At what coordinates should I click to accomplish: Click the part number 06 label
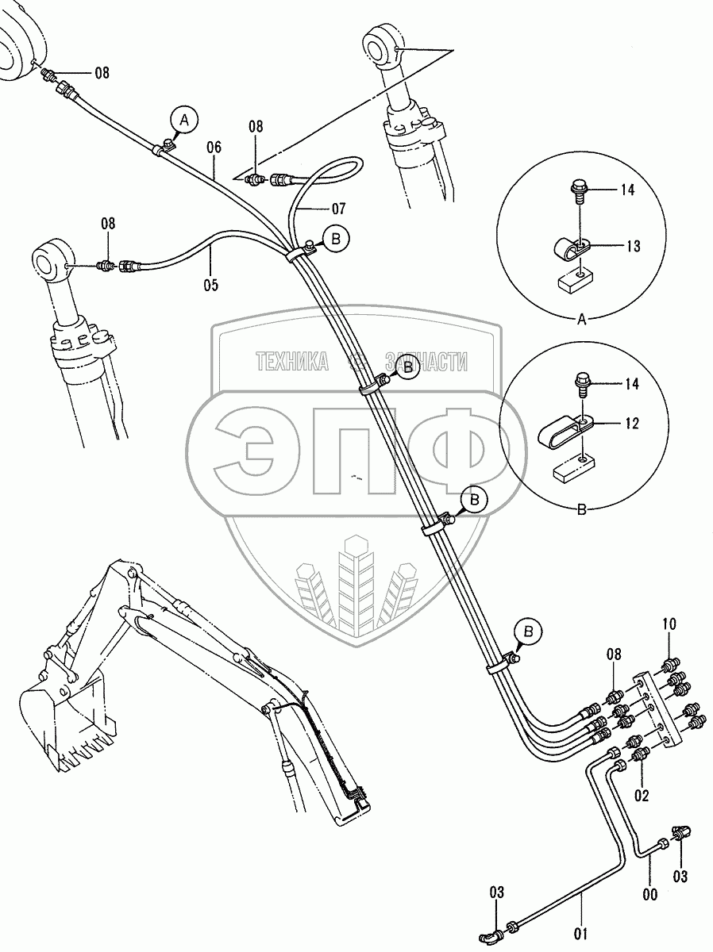point(214,147)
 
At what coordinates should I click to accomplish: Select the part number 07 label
point(339,209)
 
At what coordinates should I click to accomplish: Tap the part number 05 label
point(210,283)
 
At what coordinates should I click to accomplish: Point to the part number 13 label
point(632,247)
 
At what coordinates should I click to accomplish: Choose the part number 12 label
point(631,424)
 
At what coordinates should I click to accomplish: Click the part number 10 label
point(669,624)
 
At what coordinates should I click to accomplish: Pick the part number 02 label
point(641,795)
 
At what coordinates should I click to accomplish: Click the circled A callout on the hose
point(183,120)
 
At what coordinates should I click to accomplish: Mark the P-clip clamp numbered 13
point(568,253)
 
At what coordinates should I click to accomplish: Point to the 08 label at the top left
point(102,73)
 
